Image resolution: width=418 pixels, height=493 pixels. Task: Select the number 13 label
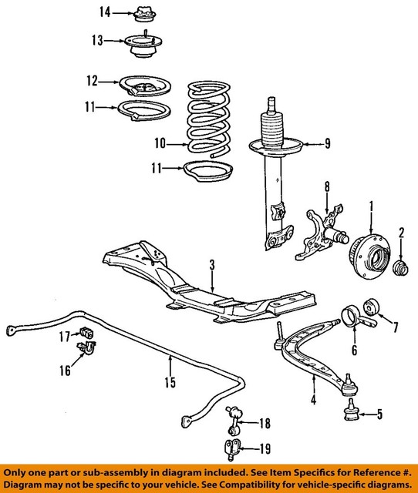click(x=96, y=40)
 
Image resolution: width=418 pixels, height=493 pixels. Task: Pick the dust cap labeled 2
click(x=401, y=270)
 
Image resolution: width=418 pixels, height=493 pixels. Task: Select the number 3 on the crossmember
click(x=212, y=265)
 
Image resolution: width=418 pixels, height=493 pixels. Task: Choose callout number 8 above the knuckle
click(x=326, y=186)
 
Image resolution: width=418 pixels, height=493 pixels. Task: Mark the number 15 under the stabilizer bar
click(x=170, y=382)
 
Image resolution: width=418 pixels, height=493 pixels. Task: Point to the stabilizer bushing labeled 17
click(x=86, y=332)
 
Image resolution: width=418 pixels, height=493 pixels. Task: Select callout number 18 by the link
click(x=265, y=423)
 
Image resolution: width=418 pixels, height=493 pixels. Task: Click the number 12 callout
click(x=93, y=79)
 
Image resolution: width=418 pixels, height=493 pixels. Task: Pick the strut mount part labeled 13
click(x=143, y=48)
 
